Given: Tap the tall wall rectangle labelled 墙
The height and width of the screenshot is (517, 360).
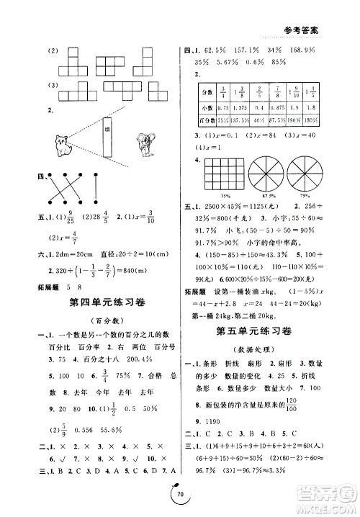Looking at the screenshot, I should (x=105, y=147).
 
